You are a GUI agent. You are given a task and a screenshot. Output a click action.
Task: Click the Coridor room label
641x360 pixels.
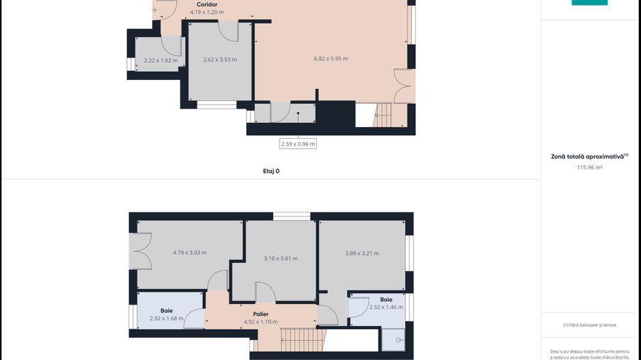point(207,4)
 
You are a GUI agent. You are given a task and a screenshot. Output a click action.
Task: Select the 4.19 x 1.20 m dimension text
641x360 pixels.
point(207,12)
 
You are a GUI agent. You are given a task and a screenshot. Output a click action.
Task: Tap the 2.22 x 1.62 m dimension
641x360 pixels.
point(161,60)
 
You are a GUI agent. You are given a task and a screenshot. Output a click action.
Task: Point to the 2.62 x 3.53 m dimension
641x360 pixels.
point(220,59)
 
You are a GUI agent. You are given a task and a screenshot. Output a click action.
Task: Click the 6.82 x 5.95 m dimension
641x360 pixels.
point(331,59)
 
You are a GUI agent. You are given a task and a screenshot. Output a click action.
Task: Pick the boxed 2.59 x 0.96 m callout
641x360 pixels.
point(298,143)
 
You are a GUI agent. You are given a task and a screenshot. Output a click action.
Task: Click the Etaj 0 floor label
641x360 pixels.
point(271,171)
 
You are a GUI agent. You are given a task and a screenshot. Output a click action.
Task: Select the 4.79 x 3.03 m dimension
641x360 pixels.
point(189,253)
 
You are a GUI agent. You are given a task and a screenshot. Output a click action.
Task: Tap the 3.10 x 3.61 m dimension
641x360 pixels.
point(281,258)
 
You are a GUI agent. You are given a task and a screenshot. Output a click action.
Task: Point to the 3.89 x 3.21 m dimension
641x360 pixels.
point(362,253)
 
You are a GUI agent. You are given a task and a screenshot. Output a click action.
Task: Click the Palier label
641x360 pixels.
point(260,314)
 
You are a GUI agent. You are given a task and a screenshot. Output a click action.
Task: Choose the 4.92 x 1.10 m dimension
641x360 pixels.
point(260,322)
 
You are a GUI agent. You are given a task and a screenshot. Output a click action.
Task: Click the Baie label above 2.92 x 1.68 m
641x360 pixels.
point(167,310)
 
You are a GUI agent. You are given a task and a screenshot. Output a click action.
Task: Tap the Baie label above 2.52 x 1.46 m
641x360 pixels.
point(386,299)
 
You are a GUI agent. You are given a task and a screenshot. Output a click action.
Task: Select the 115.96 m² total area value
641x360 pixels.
point(589,167)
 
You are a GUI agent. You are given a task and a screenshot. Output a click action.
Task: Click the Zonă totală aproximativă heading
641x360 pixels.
point(589,156)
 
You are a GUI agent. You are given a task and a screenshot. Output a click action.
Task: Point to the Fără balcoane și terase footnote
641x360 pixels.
point(589,325)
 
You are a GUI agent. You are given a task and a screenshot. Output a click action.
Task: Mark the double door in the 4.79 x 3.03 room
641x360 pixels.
point(142,251)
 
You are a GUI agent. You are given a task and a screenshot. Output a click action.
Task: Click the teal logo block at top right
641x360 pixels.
point(589,3)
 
